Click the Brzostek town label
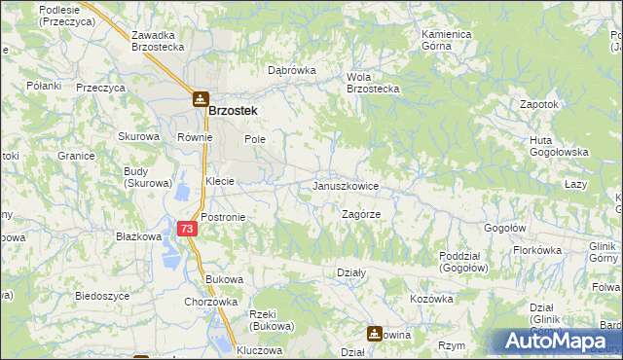click(x=233, y=111)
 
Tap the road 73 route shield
click(x=189, y=228)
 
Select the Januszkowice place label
click(x=346, y=185)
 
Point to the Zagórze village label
click(x=361, y=213)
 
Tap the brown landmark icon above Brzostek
click(x=200, y=98)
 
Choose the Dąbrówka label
click(x=292, y=70)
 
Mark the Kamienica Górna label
click(x=447, y=40)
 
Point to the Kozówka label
click(x=431, y=299)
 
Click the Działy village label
click(x=350, y=272)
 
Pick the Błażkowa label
click(x=137, y=236)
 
